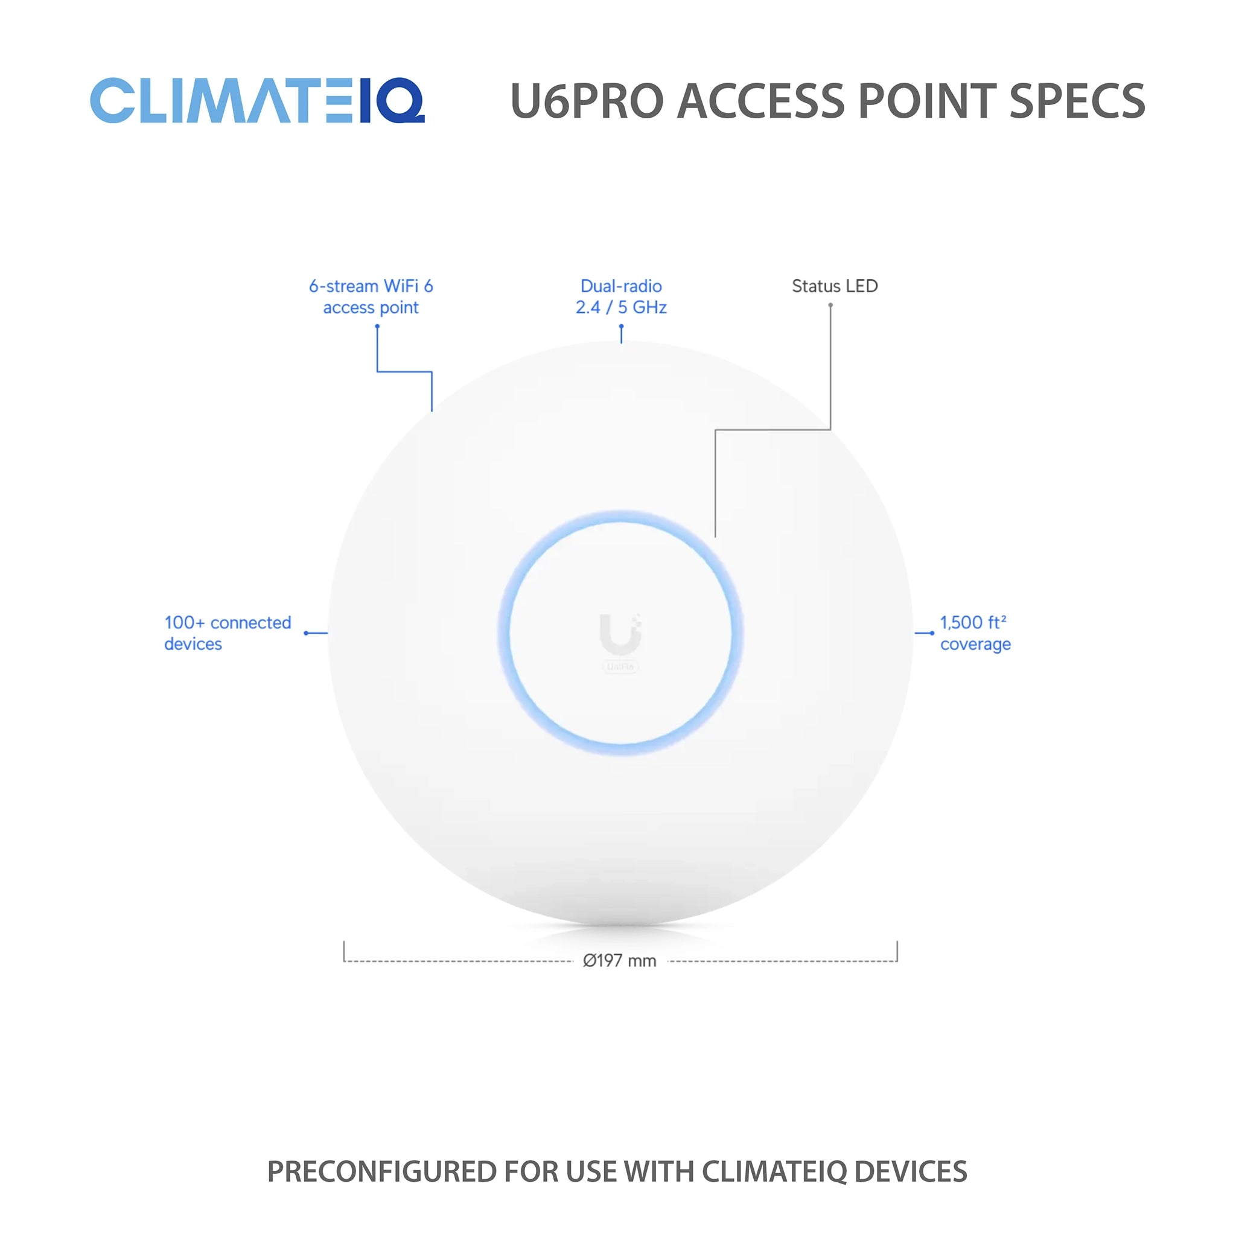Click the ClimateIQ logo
256,100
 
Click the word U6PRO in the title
587,101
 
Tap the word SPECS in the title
1077,101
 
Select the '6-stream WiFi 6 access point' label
371,297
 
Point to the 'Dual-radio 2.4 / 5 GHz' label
620,297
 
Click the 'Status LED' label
834,286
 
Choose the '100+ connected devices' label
227,632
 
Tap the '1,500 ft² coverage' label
975,632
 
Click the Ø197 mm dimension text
619,960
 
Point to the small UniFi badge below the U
620,667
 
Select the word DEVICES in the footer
910,1171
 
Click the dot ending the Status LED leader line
830,305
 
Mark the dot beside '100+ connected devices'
306,632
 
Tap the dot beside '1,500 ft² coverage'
932,632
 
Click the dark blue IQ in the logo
392,100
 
